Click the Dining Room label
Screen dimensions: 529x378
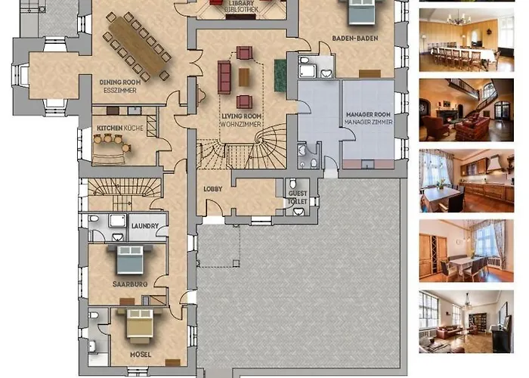(120, 82)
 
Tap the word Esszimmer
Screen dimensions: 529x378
(120, 91)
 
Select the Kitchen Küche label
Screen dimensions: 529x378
(120, 129)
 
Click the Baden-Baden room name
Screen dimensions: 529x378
(355, 38)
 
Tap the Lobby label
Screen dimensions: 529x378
(213, 189)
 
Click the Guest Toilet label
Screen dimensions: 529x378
(298, 197)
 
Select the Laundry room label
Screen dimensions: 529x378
(145, 226)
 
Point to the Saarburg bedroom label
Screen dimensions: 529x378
(130, 284)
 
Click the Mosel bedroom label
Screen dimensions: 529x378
(141, 355)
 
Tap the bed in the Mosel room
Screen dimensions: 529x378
(139, 324)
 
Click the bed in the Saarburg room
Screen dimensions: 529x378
(130, 259)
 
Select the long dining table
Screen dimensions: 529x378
(136, 45)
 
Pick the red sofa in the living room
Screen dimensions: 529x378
(224, 77)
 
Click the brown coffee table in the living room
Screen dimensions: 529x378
(244, 77)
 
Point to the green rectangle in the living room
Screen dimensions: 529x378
(280, 76)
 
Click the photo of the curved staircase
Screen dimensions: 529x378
(466, 110)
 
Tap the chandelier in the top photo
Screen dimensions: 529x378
(458, 18)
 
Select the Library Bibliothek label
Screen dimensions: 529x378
(242, 6)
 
